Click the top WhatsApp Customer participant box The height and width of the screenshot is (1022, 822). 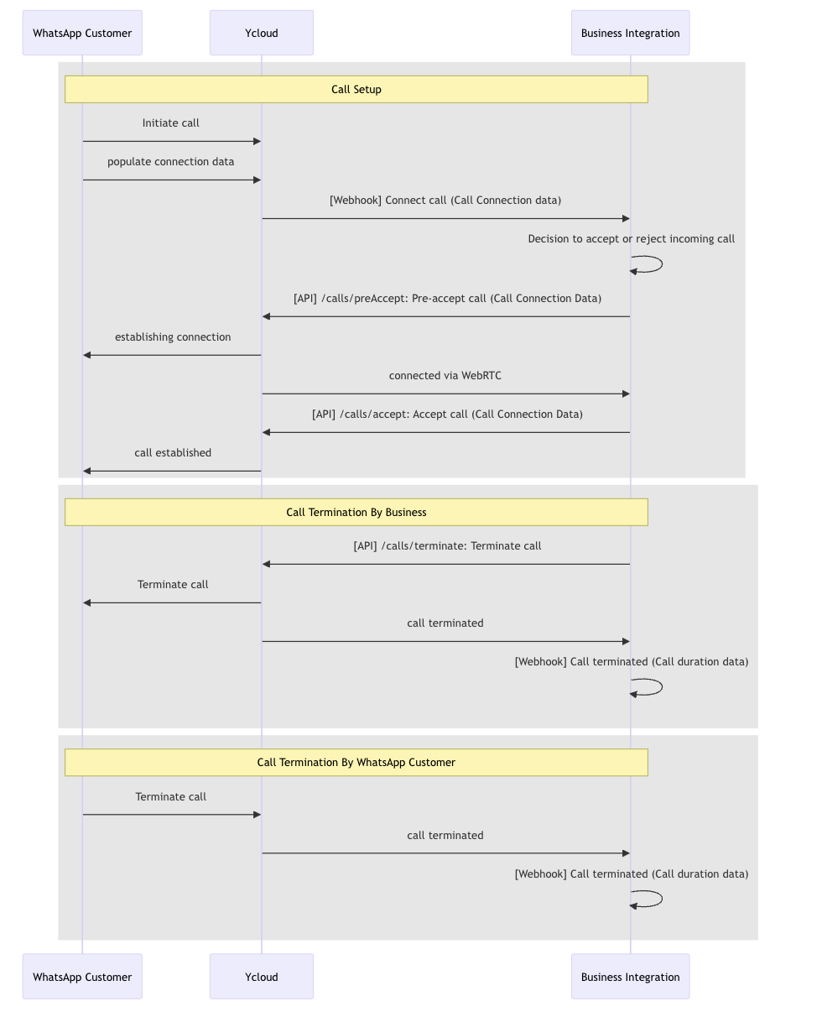[x=82, y=33]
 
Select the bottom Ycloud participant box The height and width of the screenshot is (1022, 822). [x=261, y=977]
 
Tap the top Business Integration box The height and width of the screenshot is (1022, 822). [x=630, y=33]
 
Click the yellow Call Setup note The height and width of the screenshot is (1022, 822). [x=356, y=89]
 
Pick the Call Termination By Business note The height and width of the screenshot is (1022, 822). [x=356, y=512]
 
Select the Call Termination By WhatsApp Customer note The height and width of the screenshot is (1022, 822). [x=356, y=762]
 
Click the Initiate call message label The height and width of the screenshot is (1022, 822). [x=170, y=123]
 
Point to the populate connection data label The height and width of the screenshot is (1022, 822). [x=170, y=161]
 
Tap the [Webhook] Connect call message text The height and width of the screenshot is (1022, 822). [x=445, y=200]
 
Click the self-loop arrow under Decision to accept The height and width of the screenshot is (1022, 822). [x=662, y=264]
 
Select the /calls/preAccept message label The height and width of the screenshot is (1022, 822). [x=447, y=298]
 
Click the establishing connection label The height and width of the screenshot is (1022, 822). [x=173, y=336]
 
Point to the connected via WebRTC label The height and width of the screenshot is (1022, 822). [x=445, y=375]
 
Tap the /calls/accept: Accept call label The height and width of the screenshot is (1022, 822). [x=447, y=415]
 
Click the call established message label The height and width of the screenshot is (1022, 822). [x=173, y=452]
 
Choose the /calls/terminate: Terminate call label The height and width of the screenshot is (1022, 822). [x=447, y=545]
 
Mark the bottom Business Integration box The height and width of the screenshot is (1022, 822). [x=630, y=977]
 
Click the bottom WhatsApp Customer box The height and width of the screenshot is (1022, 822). [x=82, y=977]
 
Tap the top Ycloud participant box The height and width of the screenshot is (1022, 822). [x=261, y=33]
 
